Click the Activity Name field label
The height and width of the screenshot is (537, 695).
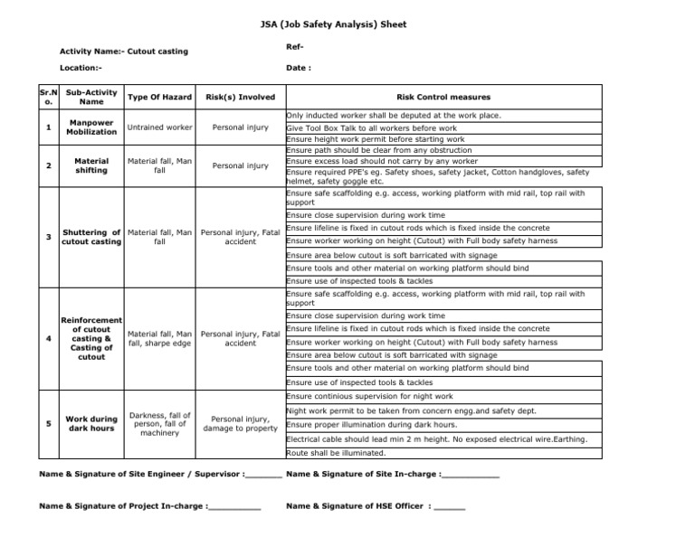[x=123, y=52]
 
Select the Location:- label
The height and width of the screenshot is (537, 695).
[x=81, y=68]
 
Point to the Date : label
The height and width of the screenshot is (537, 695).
[x=299, y=68]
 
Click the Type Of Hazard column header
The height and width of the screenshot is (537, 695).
[x=159, y=97]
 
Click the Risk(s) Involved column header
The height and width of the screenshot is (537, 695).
[x=240, y=97]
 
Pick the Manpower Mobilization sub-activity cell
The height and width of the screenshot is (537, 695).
[x=91, y=127]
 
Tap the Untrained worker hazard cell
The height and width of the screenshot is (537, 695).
[x=159, y=127]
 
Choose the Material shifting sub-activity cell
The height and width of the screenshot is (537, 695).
[x=91, y=165]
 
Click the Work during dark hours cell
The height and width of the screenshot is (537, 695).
[x=91, y=423]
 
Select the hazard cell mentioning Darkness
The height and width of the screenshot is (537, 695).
[x=159, y=423]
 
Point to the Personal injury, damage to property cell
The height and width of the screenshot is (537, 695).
[x=240, y=423]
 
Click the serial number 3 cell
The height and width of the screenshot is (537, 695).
[x=47, y=237]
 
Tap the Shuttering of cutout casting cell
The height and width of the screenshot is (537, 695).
[x=91, y=237]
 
